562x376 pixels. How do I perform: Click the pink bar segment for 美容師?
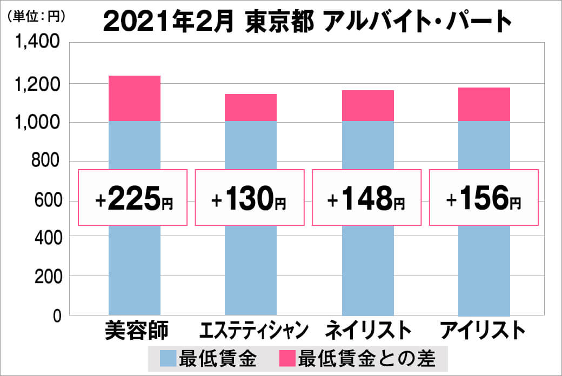pos(135,98)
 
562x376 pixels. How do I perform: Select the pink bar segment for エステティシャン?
pos(251,108)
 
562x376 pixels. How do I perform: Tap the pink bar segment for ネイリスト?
pos(367,106)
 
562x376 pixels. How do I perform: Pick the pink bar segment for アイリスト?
pos(484,104)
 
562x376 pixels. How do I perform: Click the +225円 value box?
pos(133,198)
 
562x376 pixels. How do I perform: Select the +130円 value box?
pos(249,198)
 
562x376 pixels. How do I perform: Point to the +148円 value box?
pos(366,198)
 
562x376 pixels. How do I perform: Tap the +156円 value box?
pos(484,198)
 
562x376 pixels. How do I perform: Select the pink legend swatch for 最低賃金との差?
pos(286,358)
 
